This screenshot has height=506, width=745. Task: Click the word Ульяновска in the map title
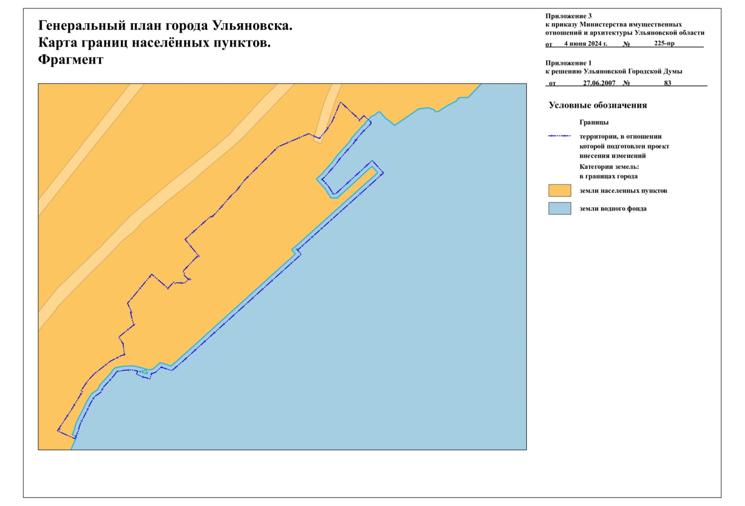tap(252, 26)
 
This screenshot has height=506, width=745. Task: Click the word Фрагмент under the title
tap(71, 60)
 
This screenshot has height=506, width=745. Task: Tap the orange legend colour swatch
tap(559, 191)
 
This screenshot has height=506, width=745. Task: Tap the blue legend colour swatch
tap(559, 208)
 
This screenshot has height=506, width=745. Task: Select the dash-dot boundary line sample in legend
tap(559, 136)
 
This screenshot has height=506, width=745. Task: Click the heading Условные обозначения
tap(597, 105)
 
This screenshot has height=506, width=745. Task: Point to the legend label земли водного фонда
tap(613, 209)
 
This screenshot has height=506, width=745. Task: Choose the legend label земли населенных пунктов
tap(623, 191)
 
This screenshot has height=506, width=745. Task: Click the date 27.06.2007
tap(599, 83)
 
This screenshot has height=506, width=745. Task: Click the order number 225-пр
tap(664, 43)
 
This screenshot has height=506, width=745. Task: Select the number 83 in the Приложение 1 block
tap(667, 83)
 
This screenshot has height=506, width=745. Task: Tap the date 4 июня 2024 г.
tap(586, 44)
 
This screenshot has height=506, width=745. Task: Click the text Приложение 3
tap(568, 16)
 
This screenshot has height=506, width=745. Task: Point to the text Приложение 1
tap(568, 63)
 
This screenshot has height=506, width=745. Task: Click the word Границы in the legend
tap(594, 123)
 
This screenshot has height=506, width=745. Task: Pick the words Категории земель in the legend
tap(609, 167)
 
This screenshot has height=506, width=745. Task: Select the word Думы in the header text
tap(673, 72)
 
